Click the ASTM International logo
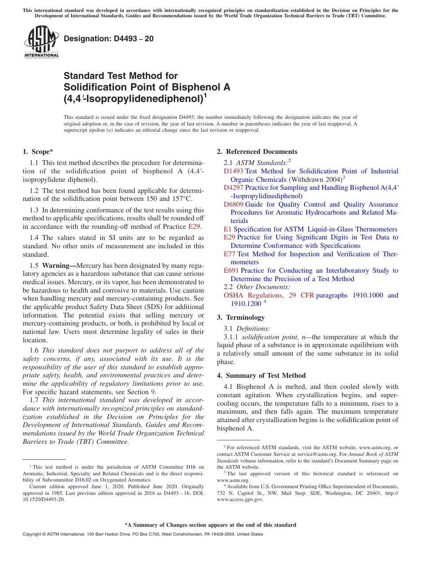pos(41,42)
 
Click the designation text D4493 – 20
pos(109,39)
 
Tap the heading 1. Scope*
pos(38,152)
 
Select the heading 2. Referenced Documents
pos(257,152)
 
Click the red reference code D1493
pos(233,171)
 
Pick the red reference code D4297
pos(233,188)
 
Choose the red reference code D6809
pos(233,204)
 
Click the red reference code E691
pos(231,270)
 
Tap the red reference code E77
pos(229,254)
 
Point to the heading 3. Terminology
pos(241,317)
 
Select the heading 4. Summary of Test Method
pos(261,376)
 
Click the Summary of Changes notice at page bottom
pos(210,525)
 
